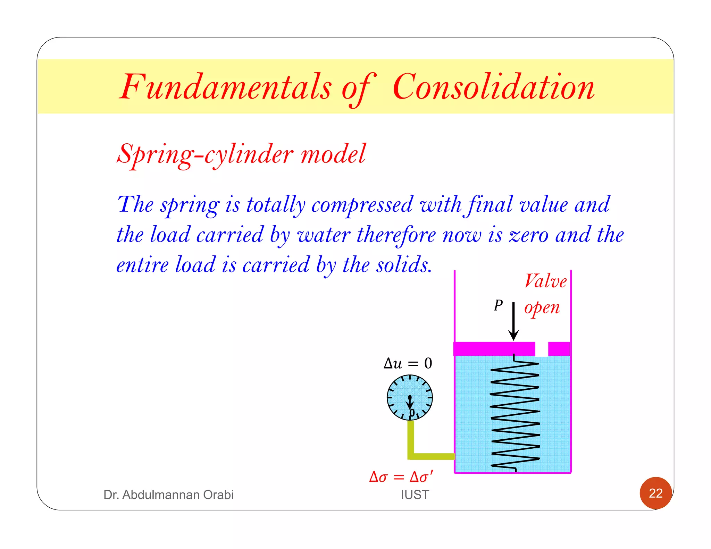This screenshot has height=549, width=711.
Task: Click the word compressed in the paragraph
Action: click(362, 205)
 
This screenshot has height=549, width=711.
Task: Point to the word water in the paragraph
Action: click(324, 235)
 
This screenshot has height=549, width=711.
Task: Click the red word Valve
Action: click(545, 281)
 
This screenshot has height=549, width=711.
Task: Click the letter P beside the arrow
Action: click(498, 305)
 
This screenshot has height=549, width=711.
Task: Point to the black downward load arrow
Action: click(513, 321)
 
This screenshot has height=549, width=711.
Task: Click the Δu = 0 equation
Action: click(408, 363)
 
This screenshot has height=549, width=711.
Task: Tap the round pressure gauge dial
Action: click(410, 397)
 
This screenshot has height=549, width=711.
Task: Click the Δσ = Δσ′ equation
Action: click(401, 477)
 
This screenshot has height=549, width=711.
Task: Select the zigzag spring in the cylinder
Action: click(515, 415)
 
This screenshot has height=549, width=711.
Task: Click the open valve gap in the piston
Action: click(542, 349)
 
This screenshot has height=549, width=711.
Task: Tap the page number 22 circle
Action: click(656, 493)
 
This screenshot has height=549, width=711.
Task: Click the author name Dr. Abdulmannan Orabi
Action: click(168, 495)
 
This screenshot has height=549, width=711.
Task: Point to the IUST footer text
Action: click(415, 495)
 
